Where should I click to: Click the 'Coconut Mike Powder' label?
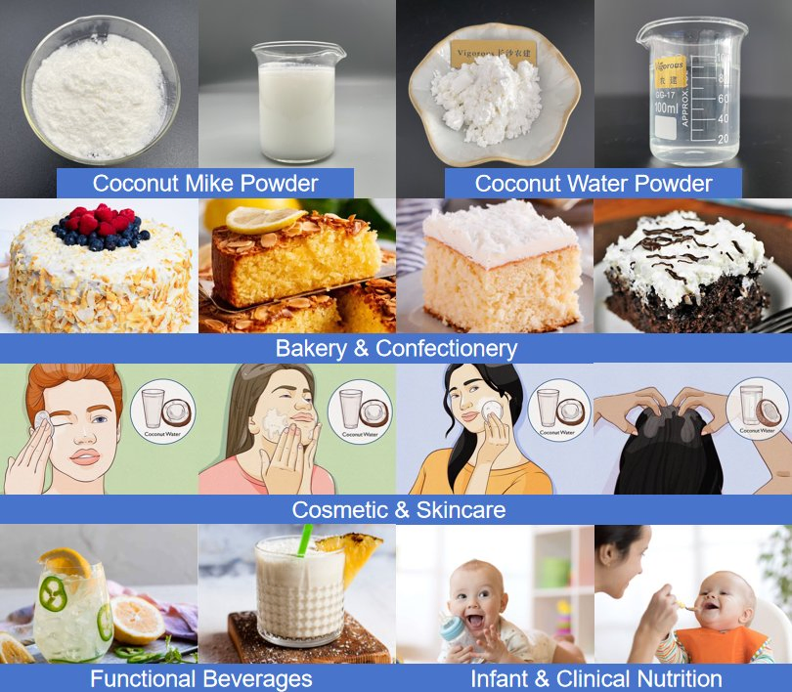(x=204, y=183)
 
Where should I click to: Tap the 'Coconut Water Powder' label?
(x=593, y=183)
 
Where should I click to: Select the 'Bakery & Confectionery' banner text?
(x=396, y=348)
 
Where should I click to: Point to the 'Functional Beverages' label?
(x=200, y=678)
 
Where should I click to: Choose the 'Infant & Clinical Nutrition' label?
(x=595, y=678)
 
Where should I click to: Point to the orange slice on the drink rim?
(x=64, y=563)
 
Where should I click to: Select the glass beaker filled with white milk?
(x=294, y=98)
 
